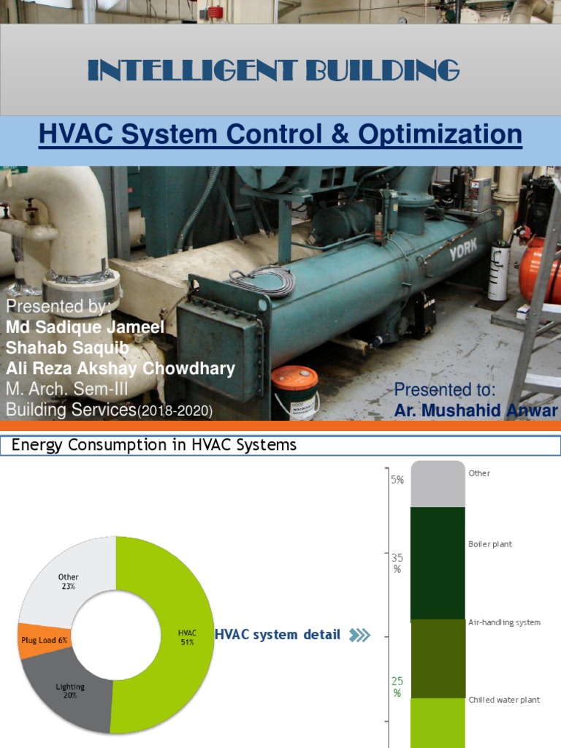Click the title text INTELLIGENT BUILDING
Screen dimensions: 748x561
(273, 71)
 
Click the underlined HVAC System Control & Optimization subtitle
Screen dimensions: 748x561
(280, 134)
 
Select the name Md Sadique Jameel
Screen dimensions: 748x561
(85, 327)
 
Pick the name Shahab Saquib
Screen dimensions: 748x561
(68, 347)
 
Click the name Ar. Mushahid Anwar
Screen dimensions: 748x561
(476, 411)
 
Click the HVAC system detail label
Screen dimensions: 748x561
(277, 635)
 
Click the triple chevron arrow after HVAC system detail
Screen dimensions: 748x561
(359, 636)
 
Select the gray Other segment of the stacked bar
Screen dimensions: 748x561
(438, 484)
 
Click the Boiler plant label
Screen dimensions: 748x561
(490, 544)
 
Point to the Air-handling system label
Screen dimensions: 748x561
(504, 622)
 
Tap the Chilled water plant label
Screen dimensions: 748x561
(504, 700)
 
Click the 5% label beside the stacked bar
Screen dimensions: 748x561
(397, 480)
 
